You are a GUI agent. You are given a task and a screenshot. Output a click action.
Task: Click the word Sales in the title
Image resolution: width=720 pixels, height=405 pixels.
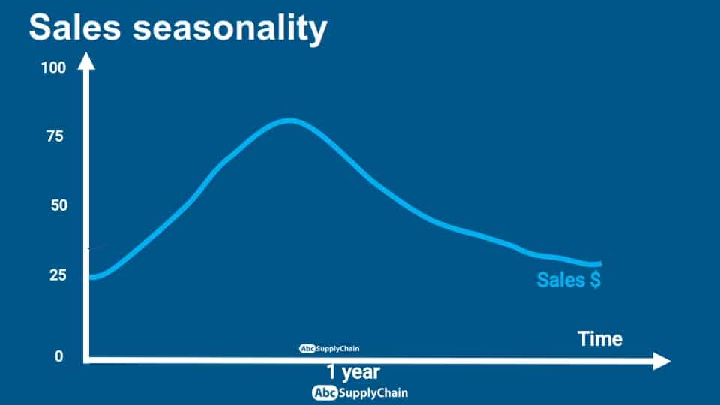75,27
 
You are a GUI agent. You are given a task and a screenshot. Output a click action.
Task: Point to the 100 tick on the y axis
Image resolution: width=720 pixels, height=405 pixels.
53,68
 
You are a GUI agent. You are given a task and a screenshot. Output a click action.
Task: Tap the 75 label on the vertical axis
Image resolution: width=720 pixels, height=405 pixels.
55,136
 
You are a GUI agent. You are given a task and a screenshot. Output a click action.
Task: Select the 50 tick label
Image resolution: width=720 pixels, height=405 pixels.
58,205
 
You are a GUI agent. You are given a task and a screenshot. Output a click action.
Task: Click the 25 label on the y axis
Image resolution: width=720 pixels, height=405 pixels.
58,275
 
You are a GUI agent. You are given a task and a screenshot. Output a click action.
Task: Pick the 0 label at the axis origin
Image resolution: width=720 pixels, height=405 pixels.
58,356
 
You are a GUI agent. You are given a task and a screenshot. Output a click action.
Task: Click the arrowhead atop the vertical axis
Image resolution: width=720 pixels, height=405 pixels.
86,61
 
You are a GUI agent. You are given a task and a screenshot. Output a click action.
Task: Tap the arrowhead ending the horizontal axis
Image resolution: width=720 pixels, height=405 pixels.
661,361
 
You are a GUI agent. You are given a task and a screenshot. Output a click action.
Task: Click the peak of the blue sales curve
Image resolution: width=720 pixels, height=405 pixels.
289,121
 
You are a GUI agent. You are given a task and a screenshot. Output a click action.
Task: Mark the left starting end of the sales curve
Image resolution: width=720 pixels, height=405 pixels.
91,277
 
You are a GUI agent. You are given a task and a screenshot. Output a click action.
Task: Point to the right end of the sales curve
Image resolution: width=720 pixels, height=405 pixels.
598,263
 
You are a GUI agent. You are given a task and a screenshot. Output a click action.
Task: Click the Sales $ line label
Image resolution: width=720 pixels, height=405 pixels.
568,280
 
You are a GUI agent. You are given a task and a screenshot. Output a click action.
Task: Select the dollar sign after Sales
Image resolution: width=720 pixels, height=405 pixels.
595,280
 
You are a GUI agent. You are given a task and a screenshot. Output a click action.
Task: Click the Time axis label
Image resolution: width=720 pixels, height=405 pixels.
600,339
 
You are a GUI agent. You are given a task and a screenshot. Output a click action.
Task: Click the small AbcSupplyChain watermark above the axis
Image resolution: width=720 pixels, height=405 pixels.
329,349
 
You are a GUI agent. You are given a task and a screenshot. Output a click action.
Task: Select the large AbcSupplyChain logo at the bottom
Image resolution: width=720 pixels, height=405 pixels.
360,393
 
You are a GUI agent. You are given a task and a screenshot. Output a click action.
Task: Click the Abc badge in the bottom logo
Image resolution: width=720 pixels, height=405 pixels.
325,393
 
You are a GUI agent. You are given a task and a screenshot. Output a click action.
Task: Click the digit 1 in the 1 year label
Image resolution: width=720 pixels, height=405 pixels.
331,371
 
